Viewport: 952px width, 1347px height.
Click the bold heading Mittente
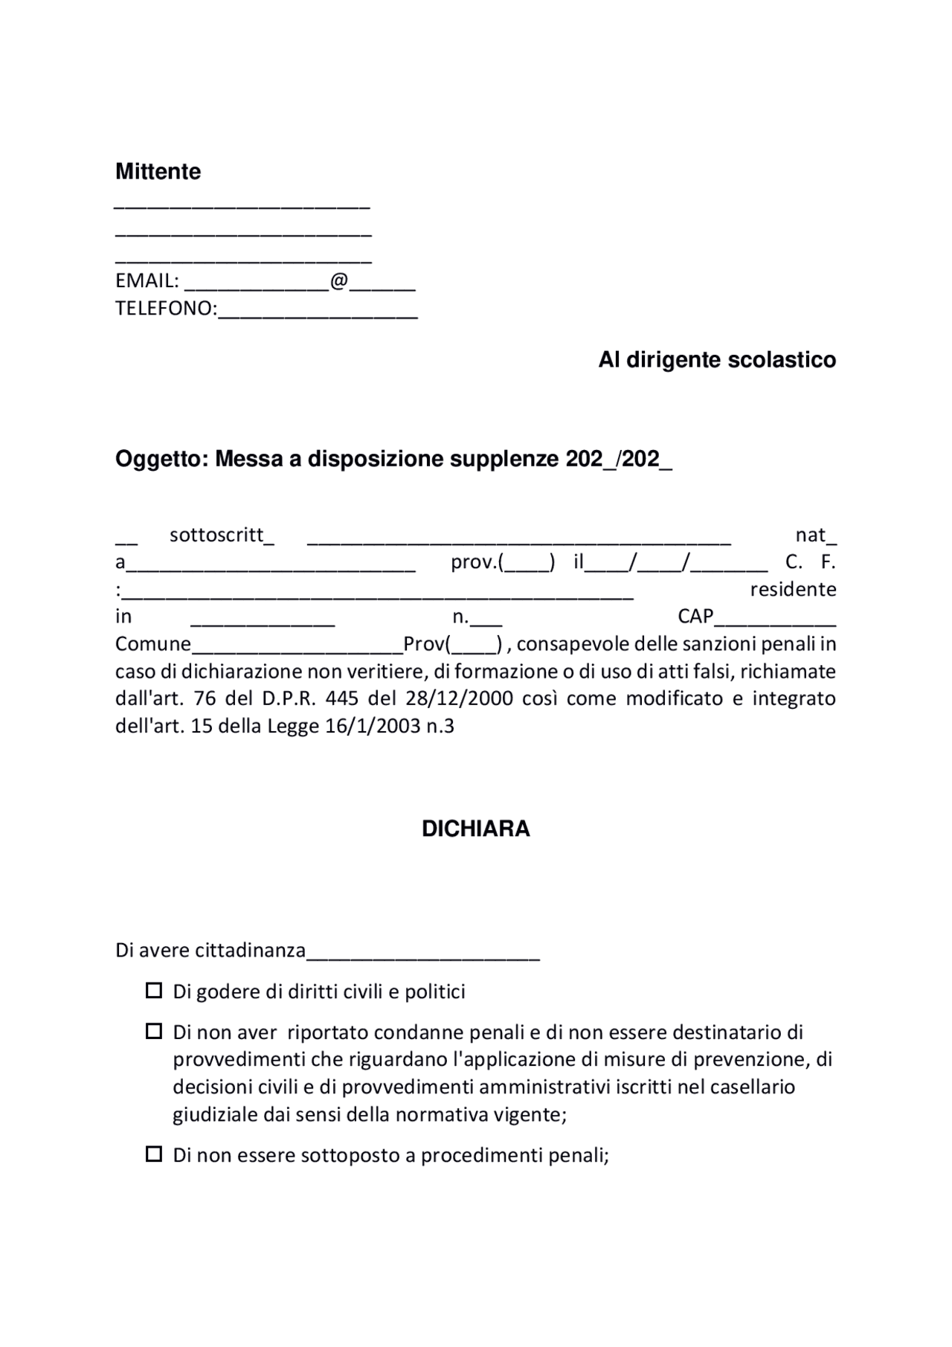tap(158, 172)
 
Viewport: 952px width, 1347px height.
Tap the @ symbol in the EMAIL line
tap(338, 281)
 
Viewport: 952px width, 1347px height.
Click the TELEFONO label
tap(164, 309)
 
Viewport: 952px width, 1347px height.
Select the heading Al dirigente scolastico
tap(717, 360)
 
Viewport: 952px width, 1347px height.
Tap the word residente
tap(793, 590)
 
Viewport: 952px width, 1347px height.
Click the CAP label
tap(695, 617)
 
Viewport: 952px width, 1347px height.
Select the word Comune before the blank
tap(152, 644)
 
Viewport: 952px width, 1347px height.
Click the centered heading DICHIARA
tap(475, 829)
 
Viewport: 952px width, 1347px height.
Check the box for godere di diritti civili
tap(154, 991)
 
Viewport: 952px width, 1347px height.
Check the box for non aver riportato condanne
tap(154, 1032)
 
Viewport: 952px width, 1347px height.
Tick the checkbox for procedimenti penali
tap(154, 1155)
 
